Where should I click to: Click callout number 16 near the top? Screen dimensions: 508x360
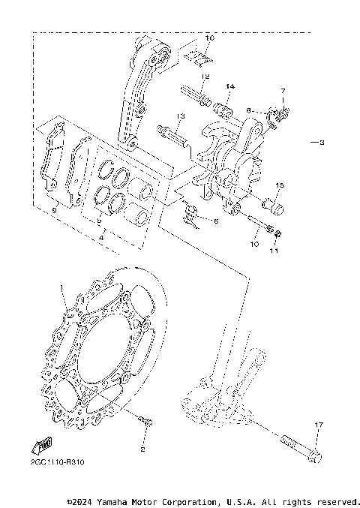pos(209,37)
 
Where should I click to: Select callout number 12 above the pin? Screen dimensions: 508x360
pos(205,77)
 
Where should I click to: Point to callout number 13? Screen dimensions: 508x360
pos(181,116)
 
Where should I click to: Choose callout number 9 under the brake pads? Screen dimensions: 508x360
pos(54,211)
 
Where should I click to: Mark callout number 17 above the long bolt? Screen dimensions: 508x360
pos(318,425)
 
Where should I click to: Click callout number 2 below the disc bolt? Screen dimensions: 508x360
pos(142,450)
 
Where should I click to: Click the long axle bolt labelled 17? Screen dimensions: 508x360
pos(301,450)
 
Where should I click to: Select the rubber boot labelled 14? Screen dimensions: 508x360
pos(223,110)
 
